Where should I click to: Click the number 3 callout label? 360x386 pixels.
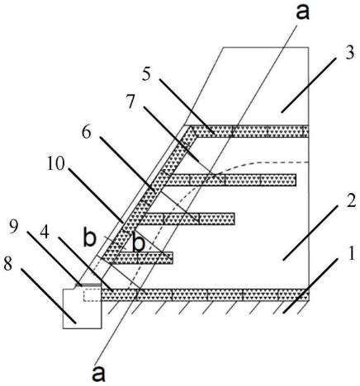(349, 54)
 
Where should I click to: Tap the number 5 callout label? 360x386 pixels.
(147, 74)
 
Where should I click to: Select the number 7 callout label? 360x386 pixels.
(130, 102)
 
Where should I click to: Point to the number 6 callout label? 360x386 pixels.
(87, 133)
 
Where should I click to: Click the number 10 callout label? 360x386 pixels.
(56, 164)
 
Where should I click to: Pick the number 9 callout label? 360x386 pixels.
(14, 227)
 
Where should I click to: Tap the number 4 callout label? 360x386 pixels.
(45, 233)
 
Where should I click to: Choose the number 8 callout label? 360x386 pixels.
(8, 265)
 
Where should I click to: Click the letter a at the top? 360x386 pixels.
(302, 12)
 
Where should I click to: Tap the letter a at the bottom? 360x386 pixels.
(98, 374)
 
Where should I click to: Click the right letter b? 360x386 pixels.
(139, 242)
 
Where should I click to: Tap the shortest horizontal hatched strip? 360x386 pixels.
(138, 258)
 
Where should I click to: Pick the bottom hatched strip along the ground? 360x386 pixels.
(205, 294)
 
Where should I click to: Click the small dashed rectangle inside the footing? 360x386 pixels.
(92, 295)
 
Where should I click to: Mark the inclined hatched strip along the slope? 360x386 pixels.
(150, 191)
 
